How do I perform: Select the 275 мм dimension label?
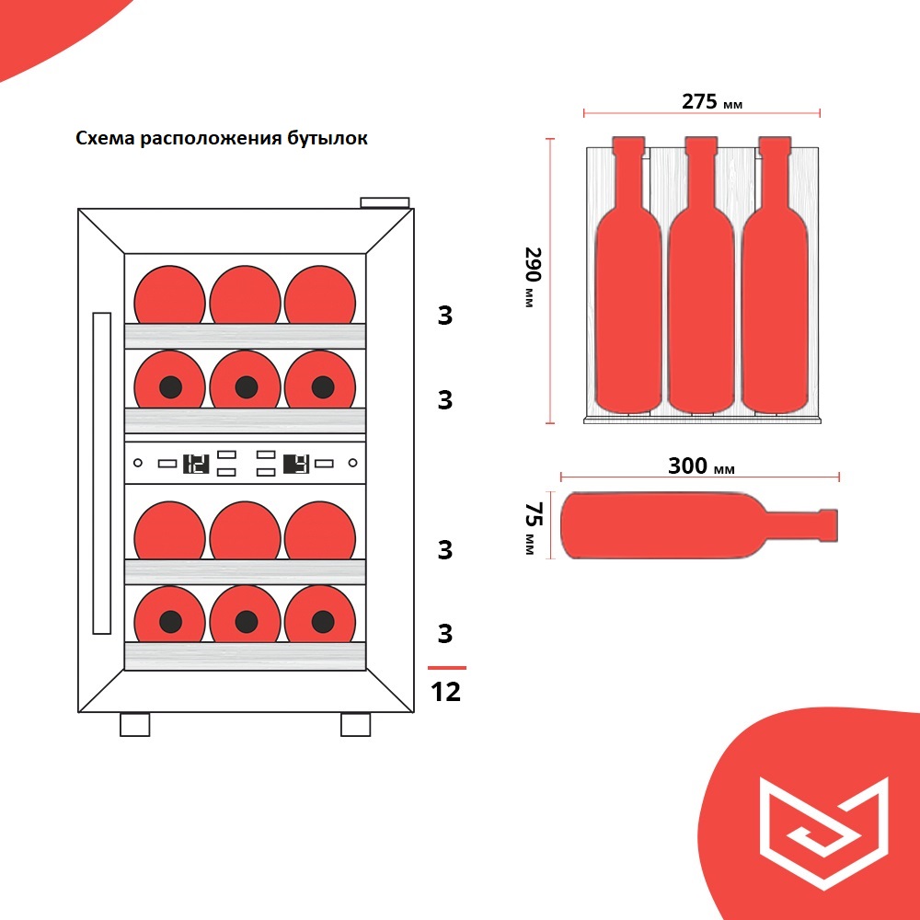point(712,101)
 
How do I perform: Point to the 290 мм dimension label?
point(532,277)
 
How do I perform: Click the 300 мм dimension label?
point(701,466)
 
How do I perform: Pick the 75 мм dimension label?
point(533,528)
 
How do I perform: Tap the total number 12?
point(446,692)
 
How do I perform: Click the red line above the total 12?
point(447,668)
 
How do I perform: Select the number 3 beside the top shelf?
point(445,316)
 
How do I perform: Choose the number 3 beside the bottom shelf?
point(445,634)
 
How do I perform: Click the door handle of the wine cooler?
point(101,473)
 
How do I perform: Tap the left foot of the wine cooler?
point(135,725)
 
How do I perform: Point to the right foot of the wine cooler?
point(355,725)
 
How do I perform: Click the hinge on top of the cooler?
point(385,203)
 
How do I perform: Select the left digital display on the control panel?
point(196,464)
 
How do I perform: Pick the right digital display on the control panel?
point(296,464)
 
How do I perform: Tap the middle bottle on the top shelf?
point(246,294)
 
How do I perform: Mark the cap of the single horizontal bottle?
point(828,525)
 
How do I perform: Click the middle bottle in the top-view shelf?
point(701,275)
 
